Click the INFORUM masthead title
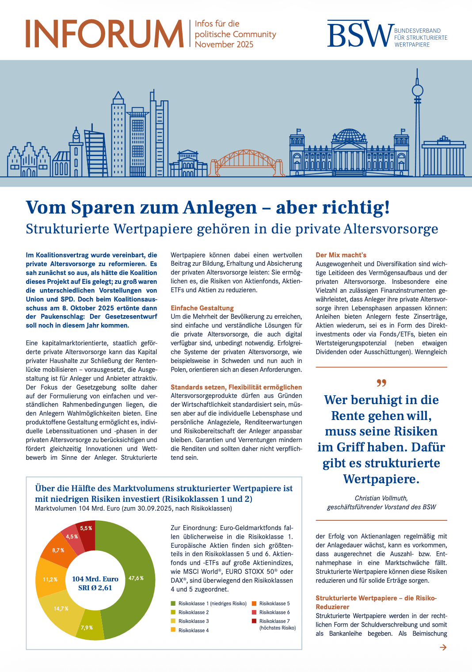pyautogui.click(x=104, y=34)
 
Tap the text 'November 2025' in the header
pyautogui.click(x=224, y=45)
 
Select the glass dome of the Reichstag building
pyautogui.click(x=349, y=135)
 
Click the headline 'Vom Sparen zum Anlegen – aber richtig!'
pyautogui.click(x=208, y=207)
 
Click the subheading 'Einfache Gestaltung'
pyautogui.click(x=202, y=308)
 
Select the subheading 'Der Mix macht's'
pyautogui.click(x=341, y=255)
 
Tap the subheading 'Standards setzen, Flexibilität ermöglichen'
pyautogui.click(x=236, y=387)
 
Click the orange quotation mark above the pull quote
pyautogui.click(x=381, y=382)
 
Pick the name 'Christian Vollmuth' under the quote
pyautogui.click(x=381, y=498)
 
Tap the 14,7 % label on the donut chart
pyautogui.click(x=61, y=609)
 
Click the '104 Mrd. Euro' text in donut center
pyautogui.click(x=95, y=579)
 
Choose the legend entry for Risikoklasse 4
pyautogui.click(x=193, y=630)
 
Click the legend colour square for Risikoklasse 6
pyautogui.click(x=254, y=612)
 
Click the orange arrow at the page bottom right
pyautogui.click(x=443, y=647)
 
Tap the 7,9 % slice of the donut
pyautogui.click(x=87, y=628)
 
